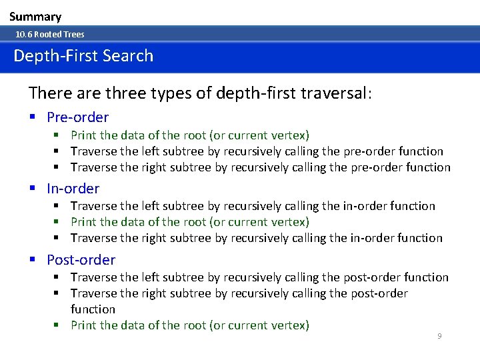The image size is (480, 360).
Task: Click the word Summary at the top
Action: point(35,17)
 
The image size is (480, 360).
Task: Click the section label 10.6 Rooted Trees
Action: point(50,34)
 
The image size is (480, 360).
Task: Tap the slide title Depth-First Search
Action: point(83,56)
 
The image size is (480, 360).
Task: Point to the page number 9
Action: point(439,336)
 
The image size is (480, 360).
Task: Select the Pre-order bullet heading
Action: point(77,117)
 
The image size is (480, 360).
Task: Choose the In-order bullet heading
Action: point(73,189)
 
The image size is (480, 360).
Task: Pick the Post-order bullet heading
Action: point(81,260)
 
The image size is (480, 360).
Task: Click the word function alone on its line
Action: point(93,309)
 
